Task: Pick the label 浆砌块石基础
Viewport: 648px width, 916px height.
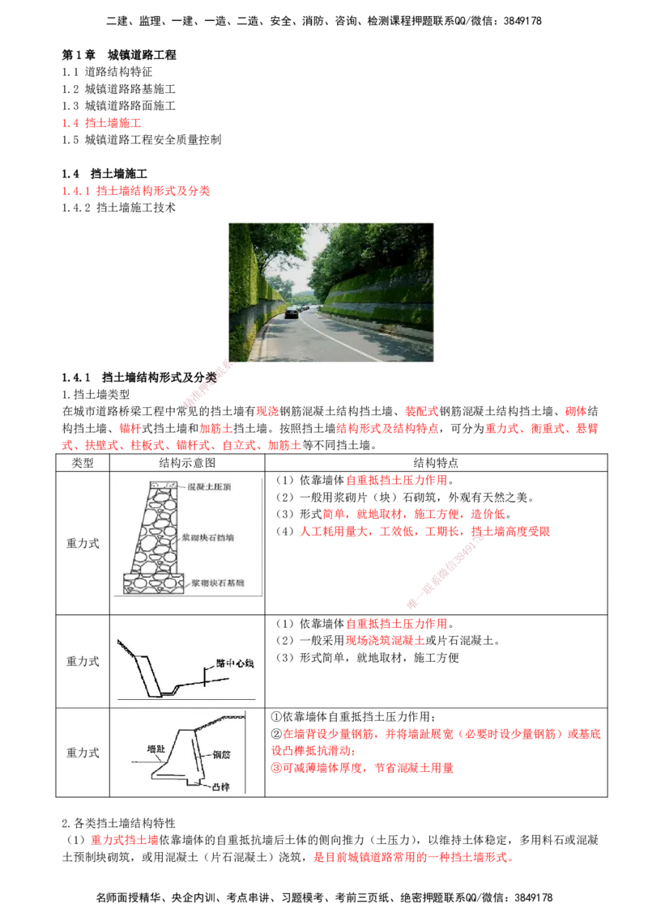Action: tap(223, 582)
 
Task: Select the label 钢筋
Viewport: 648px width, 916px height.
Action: tap(224, 754)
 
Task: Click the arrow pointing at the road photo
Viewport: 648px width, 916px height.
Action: tap(207, 384)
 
